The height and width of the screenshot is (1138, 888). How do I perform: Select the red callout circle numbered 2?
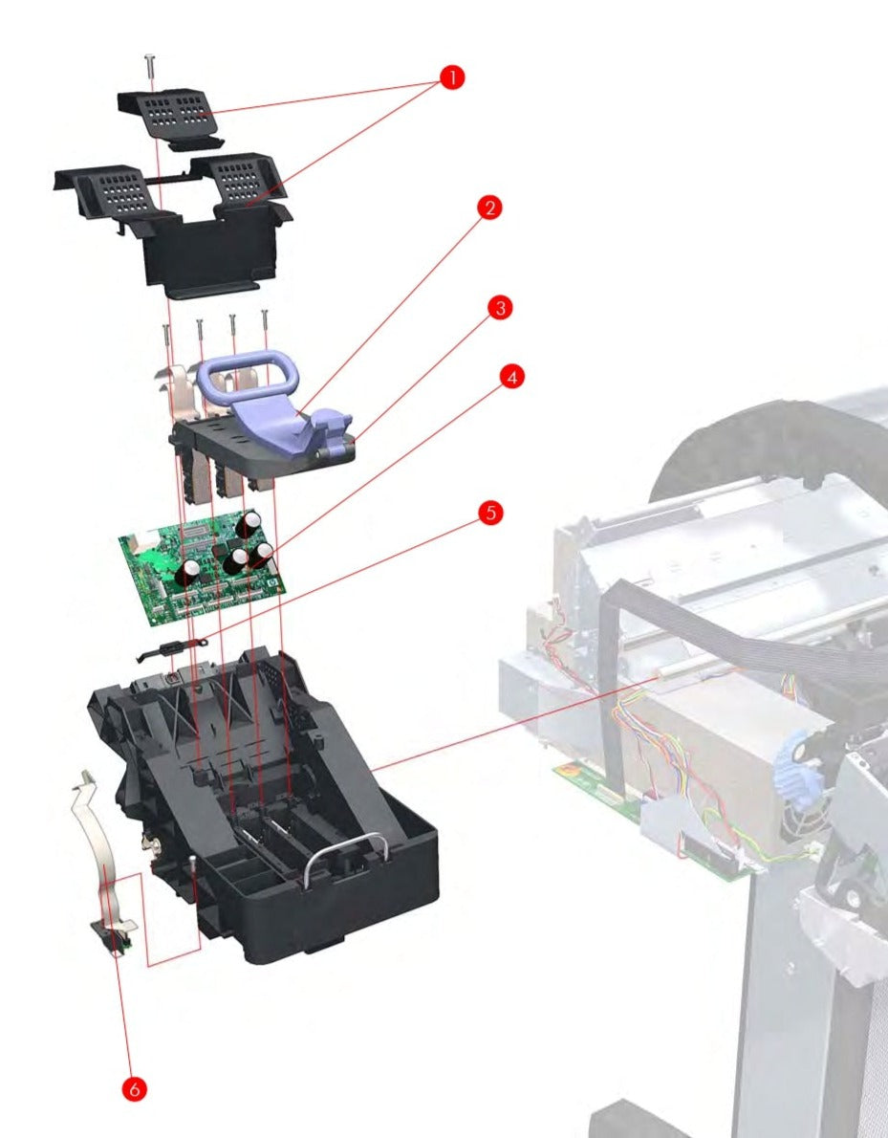(489, 208)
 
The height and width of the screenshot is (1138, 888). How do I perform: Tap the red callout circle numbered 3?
(499, 308)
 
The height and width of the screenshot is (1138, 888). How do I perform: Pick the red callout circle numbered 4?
(511, 378)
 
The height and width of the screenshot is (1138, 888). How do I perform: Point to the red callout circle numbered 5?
(489, 513)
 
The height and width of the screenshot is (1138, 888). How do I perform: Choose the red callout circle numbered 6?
(136, 1088)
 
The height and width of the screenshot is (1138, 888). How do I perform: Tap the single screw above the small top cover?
(150, 68)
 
